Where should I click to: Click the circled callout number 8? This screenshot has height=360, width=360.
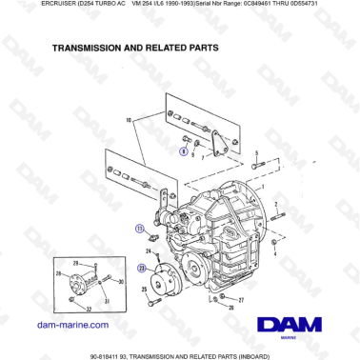(184, 150)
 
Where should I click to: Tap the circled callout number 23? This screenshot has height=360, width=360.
(141, 268)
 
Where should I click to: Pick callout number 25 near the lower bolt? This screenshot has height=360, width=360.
(145, 289)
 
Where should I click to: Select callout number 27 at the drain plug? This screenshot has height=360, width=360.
(240, 299)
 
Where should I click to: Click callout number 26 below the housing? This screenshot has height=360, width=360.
(230, 309)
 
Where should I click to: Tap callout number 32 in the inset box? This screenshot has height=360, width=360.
(89, 310)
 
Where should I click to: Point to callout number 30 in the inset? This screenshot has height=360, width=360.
(121, 282)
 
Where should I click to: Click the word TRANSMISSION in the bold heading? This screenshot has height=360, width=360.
(90, 47)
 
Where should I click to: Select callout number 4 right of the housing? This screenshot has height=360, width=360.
(275, 255)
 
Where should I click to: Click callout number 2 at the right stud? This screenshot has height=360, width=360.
(275, 205)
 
